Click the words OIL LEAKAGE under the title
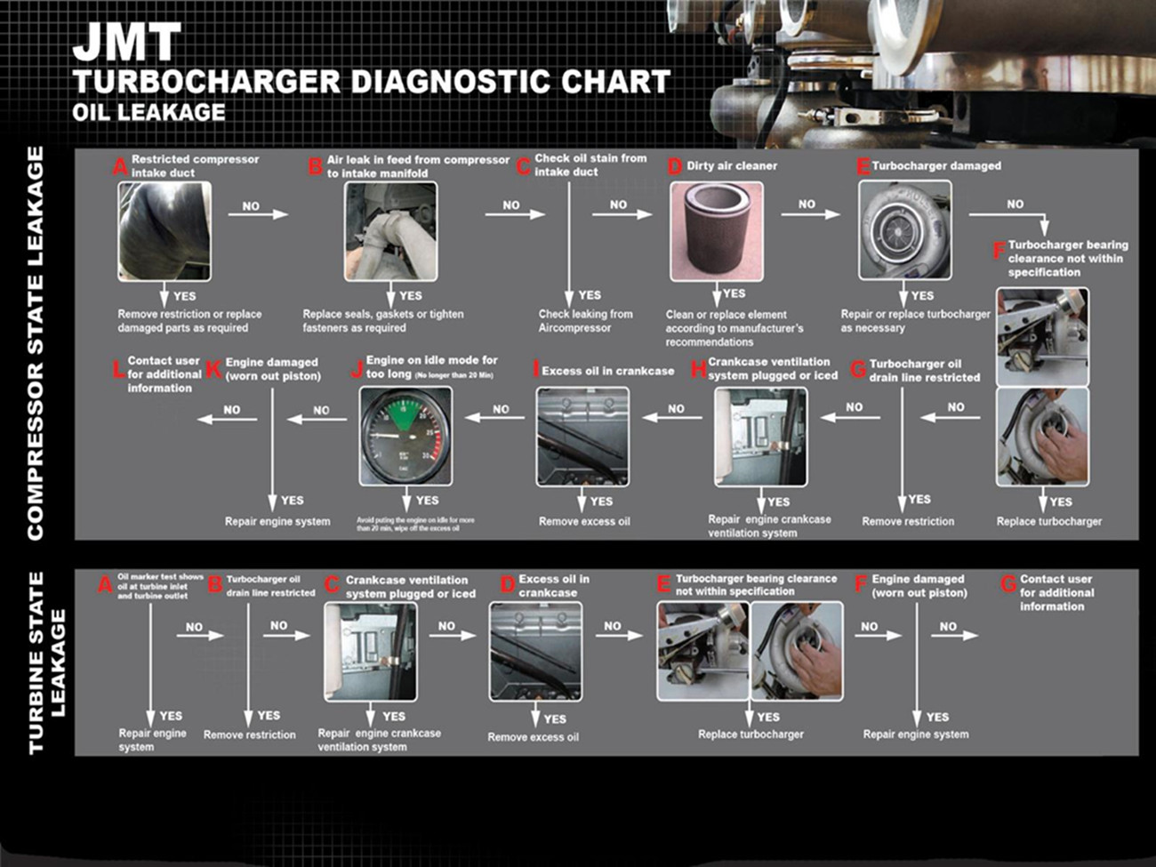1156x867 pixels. (149, 113)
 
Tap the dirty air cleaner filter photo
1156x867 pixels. (716, 231)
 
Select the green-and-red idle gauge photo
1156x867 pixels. (405, 436)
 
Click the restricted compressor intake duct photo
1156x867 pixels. (165, 231)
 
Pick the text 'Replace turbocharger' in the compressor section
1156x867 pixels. (1048, 522)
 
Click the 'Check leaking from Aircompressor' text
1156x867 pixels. (585, 321)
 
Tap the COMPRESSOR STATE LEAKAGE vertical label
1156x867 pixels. (36, 343)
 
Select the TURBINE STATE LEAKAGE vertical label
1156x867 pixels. (47, 662)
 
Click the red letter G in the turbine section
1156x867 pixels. (1008, 584)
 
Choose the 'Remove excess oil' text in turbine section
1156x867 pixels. (533, 737)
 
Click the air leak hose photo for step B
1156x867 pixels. (390, 231)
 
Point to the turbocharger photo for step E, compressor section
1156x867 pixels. (904, 230)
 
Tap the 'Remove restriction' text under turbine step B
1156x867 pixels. (249, 735)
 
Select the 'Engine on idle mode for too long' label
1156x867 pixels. (431, 366)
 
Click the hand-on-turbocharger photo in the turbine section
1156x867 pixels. (797, 650)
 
